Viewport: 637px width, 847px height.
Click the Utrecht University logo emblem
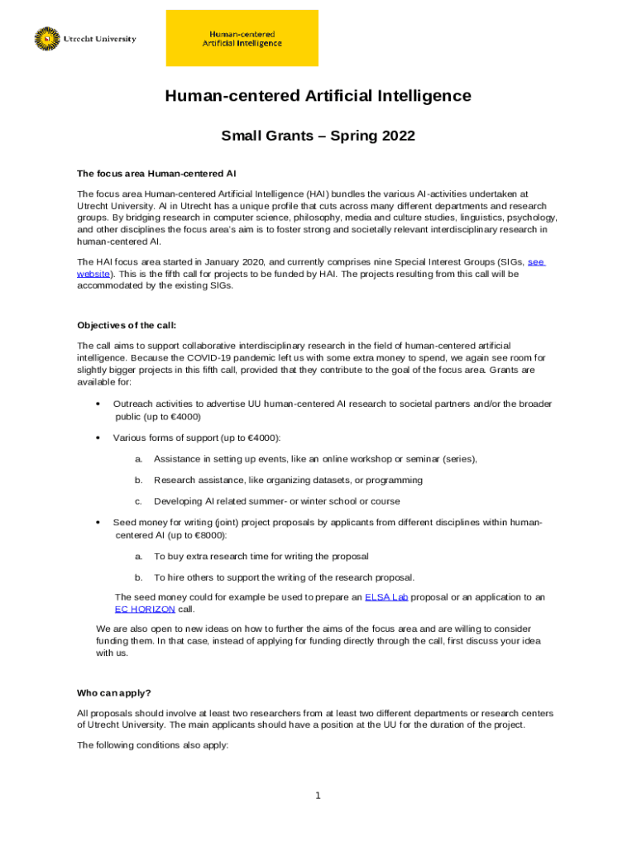click(48, 39)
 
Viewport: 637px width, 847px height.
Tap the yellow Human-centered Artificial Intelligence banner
click(242, 38)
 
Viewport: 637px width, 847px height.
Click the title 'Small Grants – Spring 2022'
click(318, 136)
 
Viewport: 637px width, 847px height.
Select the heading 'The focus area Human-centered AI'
click(157, 174)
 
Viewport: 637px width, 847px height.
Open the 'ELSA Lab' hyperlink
click(386, 596)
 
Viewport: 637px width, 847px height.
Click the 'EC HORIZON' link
click(145, 608)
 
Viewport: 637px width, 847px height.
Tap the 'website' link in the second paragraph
click(93, 273)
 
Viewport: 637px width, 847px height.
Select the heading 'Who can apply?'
click(114, 692)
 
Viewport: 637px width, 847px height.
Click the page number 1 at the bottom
click(318, 796)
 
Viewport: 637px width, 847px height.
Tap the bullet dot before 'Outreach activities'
click(98, 404)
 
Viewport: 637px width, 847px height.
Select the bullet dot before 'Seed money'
click(98, 523)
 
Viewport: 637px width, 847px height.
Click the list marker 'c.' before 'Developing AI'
click(139, 501)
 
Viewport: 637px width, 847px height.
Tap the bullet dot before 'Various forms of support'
click(98, 438)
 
